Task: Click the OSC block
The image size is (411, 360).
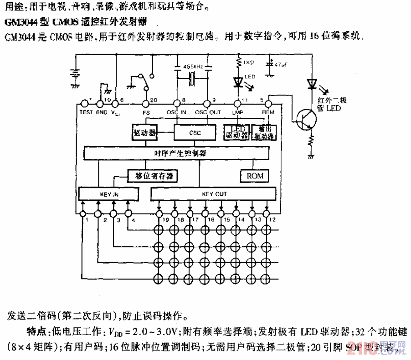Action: click(x=195, y=133)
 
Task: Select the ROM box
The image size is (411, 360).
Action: click(x=255, y=176)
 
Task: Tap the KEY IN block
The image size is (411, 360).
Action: click(x=109, y=194)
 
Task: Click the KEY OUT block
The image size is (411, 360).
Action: click(x=214, y=194)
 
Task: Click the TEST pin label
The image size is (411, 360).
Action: click(x=86, y=112)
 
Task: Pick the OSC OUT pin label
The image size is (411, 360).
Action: click(x=208, y=112)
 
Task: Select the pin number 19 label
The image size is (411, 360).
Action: click(x=167, y=220)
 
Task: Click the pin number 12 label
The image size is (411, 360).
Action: click(x=272, y=220)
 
